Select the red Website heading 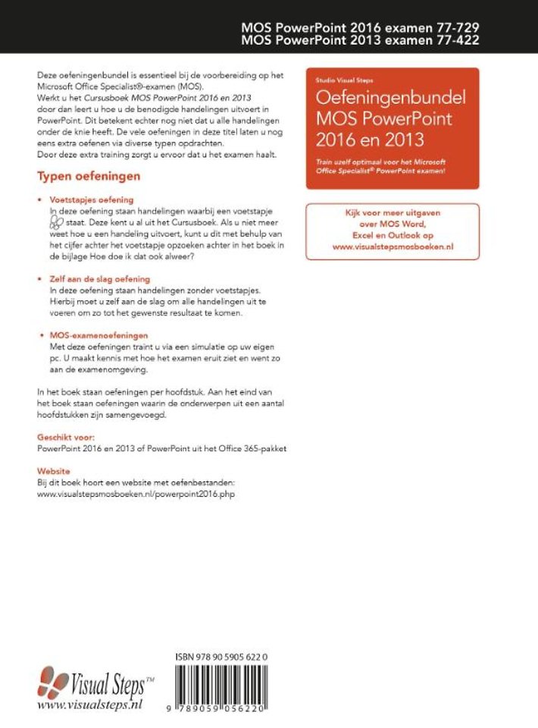(54, 471)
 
